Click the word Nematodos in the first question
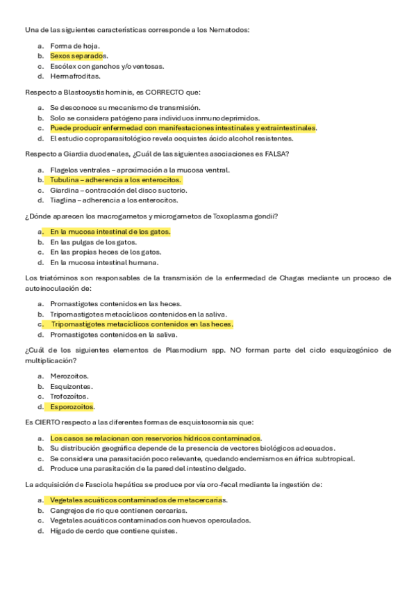click(229, 30)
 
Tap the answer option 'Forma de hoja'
click(74, 45)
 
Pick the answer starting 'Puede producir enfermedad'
click(183, 129)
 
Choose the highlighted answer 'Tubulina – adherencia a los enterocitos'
click(115, 180)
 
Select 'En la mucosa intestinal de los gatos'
click(110, 232)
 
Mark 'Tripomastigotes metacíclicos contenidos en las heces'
click(142, 324)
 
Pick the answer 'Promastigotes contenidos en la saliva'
click(113, 335)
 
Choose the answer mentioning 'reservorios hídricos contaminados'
click(156, 438)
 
